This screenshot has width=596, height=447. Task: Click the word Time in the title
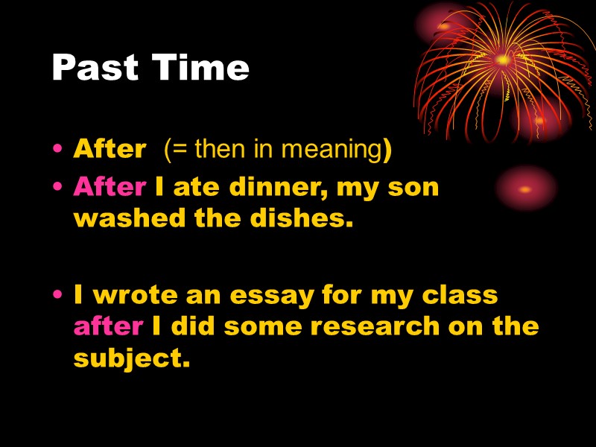tap(200, 69)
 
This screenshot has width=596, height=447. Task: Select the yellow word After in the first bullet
tap(109, 150)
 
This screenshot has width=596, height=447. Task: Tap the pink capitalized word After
tap(110, 187)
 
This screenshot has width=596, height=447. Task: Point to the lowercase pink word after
tap(108, 326)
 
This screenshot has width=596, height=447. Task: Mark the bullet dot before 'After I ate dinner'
tap(58, 188)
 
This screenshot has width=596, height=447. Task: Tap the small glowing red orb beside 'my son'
tap(526, 187)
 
